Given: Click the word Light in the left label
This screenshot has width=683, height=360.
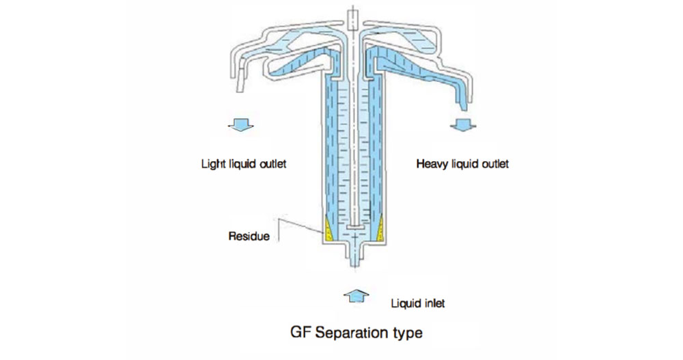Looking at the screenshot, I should (212, 165).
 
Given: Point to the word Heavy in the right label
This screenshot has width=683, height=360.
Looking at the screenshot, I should (431, 165).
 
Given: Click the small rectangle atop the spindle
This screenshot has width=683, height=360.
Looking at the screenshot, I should (352, 17).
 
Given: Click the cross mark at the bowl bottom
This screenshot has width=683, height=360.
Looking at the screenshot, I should (355, 237).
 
